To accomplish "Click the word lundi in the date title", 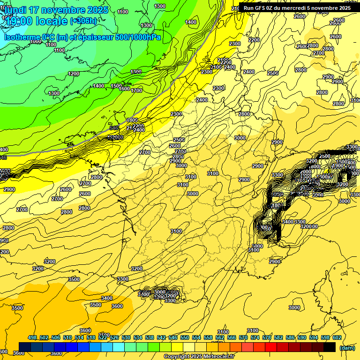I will click(x=16, y=10).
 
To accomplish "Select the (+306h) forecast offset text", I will click(x=83, y=21).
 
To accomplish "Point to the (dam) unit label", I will click(x=347, y=348).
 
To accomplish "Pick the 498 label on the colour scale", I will click(x=32, y=338).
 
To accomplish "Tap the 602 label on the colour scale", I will click(x=337, y=338).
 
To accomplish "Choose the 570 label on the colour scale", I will click(x=243, y=338).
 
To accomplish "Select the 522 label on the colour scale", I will click(x=103, y=338).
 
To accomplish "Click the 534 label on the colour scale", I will click(x=138, y=338).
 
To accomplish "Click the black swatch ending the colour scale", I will click(x=330, y=347).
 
